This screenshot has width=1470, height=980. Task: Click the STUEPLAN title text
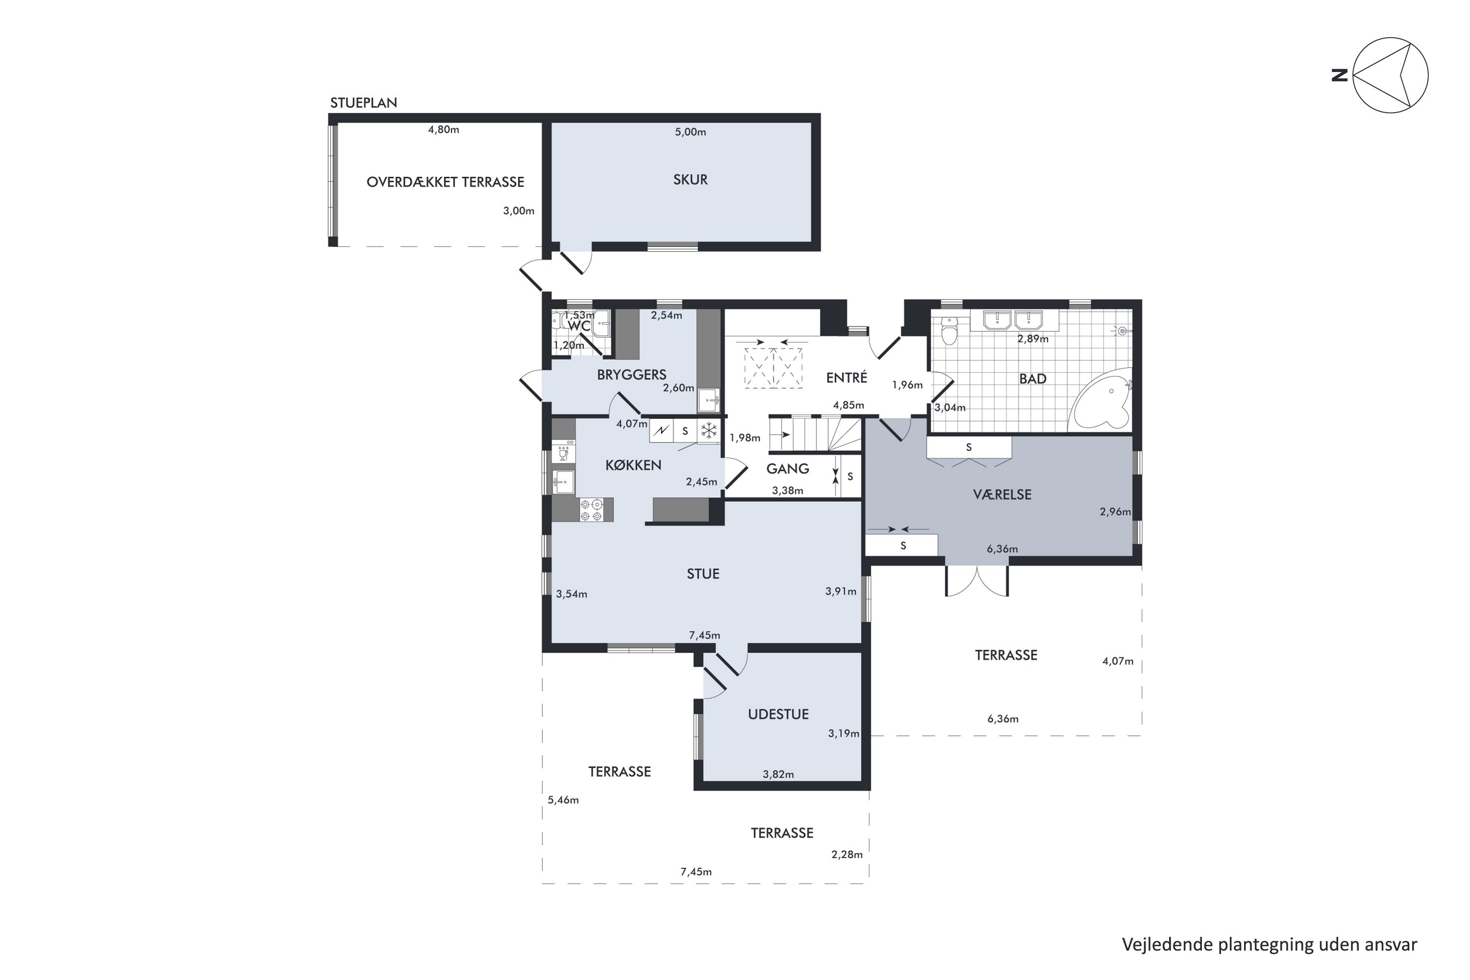363,102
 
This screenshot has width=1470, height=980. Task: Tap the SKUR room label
690,179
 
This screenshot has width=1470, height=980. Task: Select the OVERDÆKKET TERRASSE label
445,182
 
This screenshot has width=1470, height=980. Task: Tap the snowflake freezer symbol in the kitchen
709,430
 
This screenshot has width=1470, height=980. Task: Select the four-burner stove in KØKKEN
591,510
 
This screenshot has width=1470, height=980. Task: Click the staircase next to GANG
814,434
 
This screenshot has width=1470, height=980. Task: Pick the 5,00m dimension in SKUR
690,132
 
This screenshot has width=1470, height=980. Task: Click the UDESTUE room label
778,714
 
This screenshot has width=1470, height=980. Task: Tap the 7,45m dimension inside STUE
705,635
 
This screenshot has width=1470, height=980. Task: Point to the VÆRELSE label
1002,494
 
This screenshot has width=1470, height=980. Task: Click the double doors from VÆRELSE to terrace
977,581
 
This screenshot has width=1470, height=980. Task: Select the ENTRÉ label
846,377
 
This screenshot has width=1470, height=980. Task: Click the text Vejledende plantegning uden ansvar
1270,944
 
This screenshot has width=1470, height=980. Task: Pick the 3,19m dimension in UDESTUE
844,733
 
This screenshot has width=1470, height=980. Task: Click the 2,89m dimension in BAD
1032,339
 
